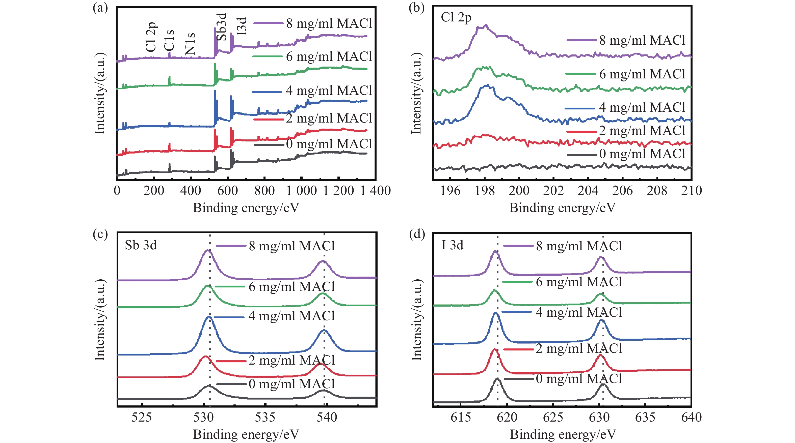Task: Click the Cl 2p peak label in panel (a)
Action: (151, 37)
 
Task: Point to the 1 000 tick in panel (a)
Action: (302, 191)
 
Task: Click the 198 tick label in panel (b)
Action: (485, 191)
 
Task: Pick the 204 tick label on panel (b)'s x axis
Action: (588, 191)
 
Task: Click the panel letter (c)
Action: (100, 234)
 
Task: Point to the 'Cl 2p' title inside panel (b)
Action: (456, 18)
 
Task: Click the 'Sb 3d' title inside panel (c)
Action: (141, 245)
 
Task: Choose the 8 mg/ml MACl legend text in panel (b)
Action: (642, 40)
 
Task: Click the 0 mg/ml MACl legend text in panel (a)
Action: (329, 144)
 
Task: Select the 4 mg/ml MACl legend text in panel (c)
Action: (292, 316)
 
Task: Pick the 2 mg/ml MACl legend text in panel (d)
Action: (579, 348)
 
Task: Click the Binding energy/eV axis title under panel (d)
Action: (563, 434)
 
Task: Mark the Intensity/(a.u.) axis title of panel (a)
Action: (100, 93)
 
